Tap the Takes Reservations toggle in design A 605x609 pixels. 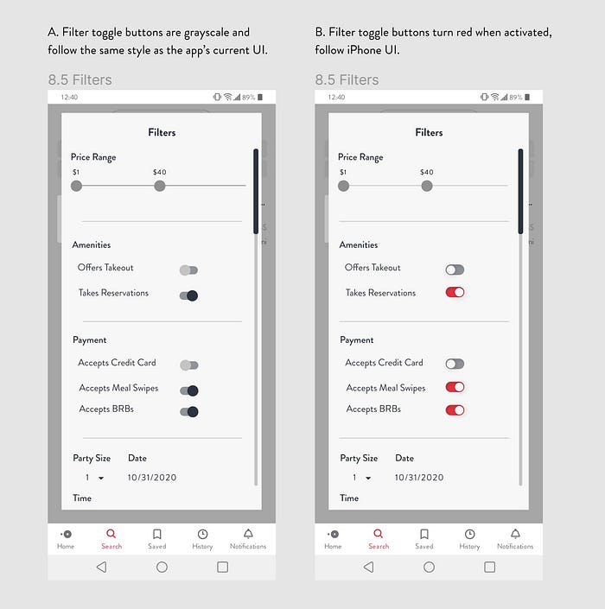(x=188, y=296)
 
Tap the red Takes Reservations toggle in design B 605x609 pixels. (x=455, y=292)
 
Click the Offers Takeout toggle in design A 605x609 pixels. (x=188, y=270)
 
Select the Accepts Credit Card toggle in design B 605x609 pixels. (x=455, y=364)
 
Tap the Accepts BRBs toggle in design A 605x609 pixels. (x=189, y=412)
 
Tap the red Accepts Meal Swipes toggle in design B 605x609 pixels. (x=455, y=387)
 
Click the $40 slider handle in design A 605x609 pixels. (x=160, y=186)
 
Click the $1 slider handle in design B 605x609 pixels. (x=343, y=186)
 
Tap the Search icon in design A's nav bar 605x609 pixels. (x=111, y=534)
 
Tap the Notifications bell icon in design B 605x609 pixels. (x=515, y=534)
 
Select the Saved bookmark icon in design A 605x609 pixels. (x=157, y=534)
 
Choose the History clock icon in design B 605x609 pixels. (x=470, y=534)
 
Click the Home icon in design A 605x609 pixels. (x=67, y=534)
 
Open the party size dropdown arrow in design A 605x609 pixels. (x=101, y=478)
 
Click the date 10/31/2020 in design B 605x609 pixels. (x=419, y=478)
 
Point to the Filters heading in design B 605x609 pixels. (x=429, y=132)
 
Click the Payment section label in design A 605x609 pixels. (x=89, y=340)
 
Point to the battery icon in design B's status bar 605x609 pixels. (x=527, y=97)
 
